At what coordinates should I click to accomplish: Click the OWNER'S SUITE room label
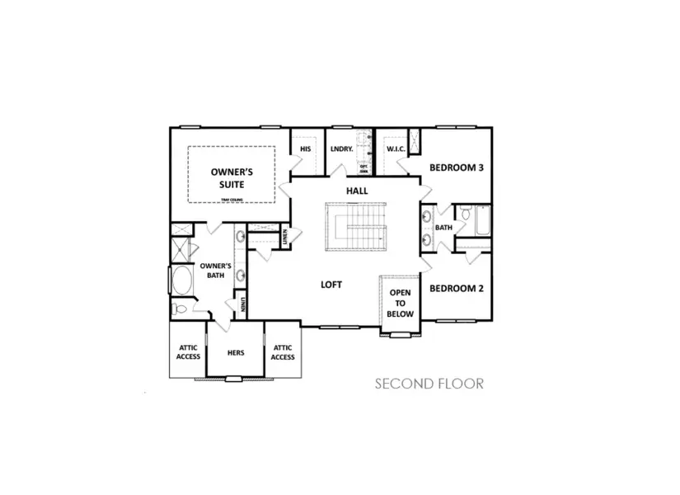231,178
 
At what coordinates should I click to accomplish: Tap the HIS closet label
305,148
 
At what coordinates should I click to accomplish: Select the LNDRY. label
341,148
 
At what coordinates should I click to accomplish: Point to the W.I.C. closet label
395,148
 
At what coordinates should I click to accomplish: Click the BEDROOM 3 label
456,167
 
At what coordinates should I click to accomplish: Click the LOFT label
331,285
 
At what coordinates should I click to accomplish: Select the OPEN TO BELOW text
401,303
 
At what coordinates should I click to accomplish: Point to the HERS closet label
236,352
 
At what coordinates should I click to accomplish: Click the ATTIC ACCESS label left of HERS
189,352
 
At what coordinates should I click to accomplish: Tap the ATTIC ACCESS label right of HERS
283,352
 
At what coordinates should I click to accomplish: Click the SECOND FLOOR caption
429,384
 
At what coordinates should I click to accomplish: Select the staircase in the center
356,229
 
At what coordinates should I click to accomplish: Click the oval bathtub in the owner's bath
180,280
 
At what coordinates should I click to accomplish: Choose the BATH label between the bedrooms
443,228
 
